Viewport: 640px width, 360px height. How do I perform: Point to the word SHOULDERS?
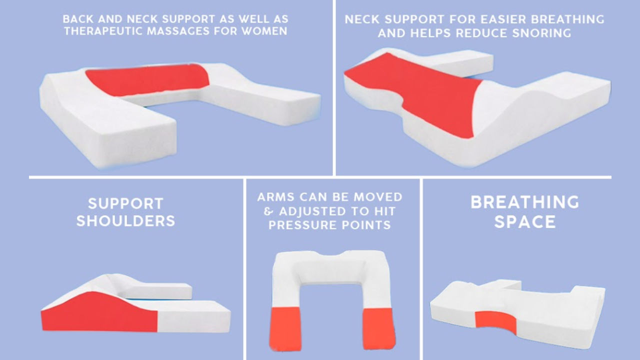pos(125,221)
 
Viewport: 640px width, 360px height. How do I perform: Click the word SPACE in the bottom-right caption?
pos(525,222)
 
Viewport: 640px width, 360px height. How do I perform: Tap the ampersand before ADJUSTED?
pos(268,211)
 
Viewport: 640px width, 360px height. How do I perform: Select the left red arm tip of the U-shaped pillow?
pos(285,329)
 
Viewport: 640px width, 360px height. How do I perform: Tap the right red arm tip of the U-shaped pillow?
pos(379,329)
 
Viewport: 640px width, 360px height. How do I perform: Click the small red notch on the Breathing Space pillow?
pos(495,322)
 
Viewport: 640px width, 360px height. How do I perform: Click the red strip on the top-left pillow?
pos(147,79)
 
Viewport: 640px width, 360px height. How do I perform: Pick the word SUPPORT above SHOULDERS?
pos(125,203)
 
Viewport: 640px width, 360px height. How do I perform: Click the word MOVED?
pos(378,197)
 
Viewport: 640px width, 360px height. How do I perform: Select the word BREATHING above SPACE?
pos(525,202)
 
